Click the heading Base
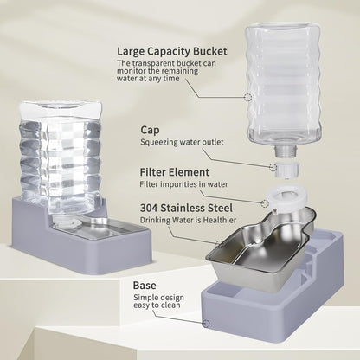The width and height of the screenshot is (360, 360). (x=145, y=283)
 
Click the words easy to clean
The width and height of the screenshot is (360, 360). (x=158, y=309)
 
